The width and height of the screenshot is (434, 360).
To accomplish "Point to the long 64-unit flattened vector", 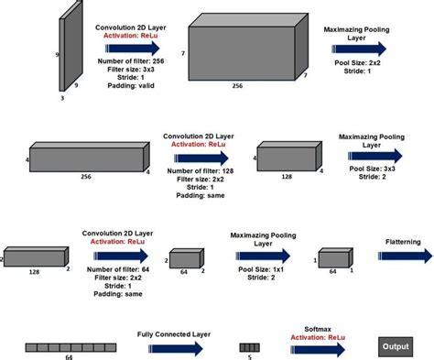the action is pos(62,347).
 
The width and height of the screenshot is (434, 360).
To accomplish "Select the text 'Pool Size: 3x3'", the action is pos(370,169).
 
